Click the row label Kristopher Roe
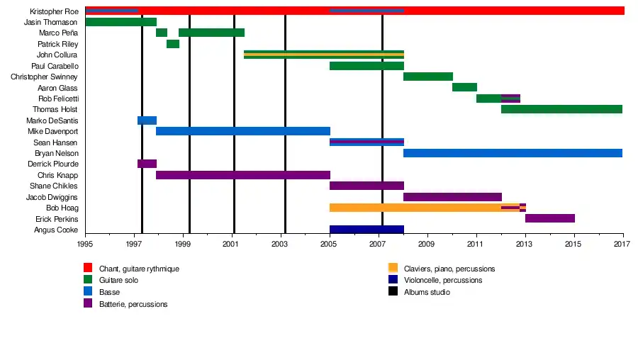[54, 11]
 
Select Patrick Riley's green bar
[173, 44]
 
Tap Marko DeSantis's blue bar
[147, 120]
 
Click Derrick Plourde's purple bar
[147, 164]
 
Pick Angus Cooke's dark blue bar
[366, 230]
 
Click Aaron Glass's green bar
[464, 87]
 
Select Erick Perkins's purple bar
[550, 218]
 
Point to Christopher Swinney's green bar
[428, 77]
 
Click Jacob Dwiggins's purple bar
[452, 197]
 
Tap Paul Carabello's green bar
[366, 66]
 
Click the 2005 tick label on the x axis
[330, 244]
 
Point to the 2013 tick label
[525, 244]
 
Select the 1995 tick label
[85, 244]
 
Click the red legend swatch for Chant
[88, 269]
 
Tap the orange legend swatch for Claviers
[393, 269]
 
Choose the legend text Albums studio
[427, 292]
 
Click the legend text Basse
[109, 292]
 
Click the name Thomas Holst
[55, 110]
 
